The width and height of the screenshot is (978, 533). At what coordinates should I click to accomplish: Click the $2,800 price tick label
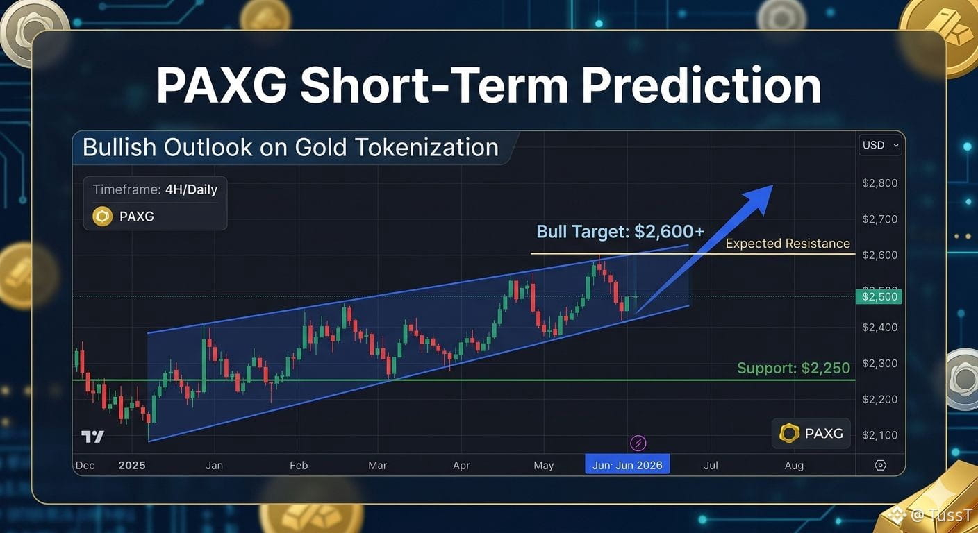coord(880,183)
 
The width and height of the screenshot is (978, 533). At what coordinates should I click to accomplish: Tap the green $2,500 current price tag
coord(879,296)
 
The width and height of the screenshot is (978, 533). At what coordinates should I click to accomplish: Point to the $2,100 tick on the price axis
coord(880,435)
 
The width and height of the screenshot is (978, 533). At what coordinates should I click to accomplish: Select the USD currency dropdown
coord(880,145)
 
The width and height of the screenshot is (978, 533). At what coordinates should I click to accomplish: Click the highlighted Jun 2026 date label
coord(627,466)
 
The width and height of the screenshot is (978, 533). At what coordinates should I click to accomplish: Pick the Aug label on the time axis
coord(794,466)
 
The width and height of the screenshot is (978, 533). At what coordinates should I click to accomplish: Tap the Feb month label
coord(299,466)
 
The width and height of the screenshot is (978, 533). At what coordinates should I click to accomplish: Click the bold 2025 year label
coord(132,466)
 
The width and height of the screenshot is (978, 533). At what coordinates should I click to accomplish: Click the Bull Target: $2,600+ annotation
coord(620,232)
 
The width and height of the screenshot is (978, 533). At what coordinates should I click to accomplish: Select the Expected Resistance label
coord(788,244)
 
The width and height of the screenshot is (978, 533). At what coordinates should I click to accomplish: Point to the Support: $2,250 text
coord(793,368)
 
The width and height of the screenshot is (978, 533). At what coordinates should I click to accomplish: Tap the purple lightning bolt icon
coord(638,443)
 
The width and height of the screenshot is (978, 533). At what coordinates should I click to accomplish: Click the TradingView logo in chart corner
coord(92,437)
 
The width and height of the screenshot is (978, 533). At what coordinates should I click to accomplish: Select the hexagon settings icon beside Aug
coord(880,466)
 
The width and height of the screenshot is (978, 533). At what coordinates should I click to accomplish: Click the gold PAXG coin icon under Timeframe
coord(103,217)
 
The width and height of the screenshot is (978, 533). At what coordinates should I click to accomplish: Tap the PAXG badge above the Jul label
coord(811,434)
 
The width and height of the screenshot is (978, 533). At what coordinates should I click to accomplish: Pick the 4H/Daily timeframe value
coord(191,189)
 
